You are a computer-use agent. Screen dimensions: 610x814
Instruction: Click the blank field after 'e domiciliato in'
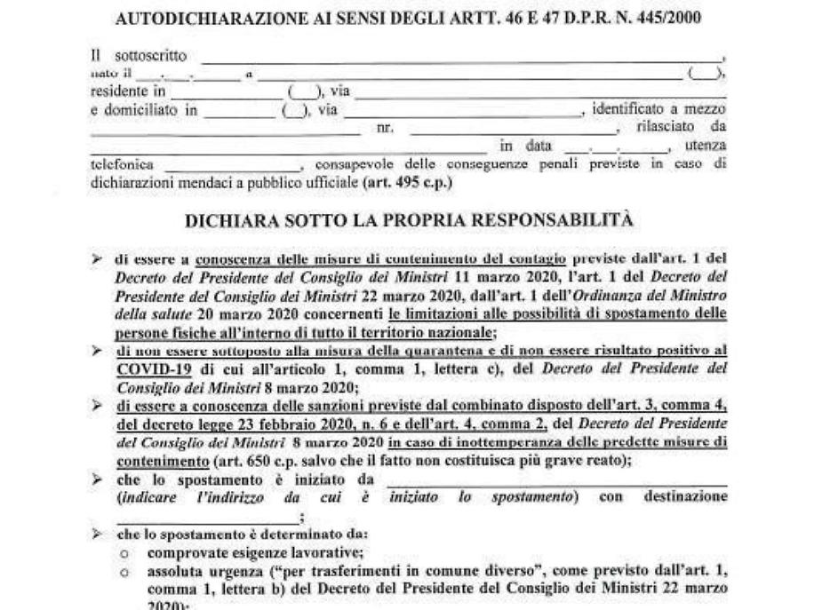[x=239, y=110]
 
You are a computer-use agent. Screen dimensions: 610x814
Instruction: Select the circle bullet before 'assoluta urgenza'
[x=130, y=568]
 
